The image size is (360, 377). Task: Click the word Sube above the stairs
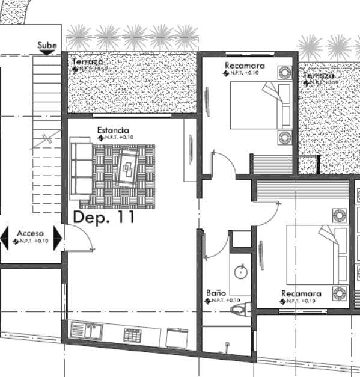[47, 45]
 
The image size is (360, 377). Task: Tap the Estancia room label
[113, 130]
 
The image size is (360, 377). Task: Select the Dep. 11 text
[103, 218]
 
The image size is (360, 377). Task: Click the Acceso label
[29, 233]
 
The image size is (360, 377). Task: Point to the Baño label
[216, 293]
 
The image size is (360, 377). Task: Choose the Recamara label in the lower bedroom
[301, 294]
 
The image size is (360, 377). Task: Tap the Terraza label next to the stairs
[88, 62]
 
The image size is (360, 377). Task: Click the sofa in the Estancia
[81, 169]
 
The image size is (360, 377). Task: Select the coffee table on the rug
[127, 167]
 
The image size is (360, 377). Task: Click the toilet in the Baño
[241, 310]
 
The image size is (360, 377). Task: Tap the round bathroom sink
[241, 271]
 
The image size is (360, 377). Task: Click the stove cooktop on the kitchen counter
[132, 334]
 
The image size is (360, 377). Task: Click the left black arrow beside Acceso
[5, 238]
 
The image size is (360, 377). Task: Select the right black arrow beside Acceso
[58, 238]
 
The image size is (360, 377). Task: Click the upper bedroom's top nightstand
[284, 73]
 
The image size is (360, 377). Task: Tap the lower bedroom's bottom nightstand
[340, 293]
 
